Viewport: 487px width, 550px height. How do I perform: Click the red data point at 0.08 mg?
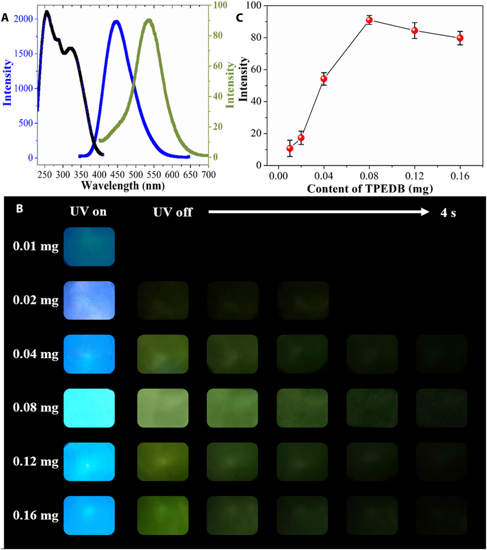coord(369,20)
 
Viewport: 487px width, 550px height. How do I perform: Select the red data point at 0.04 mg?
coord(324,78)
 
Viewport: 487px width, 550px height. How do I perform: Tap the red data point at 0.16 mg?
coord(460,38)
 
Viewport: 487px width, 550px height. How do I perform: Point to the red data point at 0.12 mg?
coord(415,31)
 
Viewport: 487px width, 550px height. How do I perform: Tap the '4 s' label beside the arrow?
coord(449,213)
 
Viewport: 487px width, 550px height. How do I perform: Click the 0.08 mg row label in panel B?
coord(36,408)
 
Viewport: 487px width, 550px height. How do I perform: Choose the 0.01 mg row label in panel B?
coord(36,246)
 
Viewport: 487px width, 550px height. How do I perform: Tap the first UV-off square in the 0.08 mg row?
coord(163,408)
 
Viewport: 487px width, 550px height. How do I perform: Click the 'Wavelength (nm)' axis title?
coord(123,186)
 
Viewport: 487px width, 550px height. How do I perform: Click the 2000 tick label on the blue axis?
coord(23,19)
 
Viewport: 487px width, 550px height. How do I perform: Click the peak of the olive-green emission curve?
coord(148,20)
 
